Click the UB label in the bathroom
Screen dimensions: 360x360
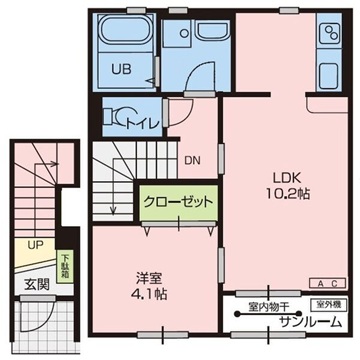[x=120, y=70]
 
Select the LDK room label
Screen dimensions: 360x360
[x=276, y=180]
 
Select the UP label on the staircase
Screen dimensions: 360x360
[x=34, y=243]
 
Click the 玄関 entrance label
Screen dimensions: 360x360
[x=35, y=283]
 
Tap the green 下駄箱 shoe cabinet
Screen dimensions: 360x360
[x=67, y=264]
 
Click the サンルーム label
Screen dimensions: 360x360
[x=306, y=321]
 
